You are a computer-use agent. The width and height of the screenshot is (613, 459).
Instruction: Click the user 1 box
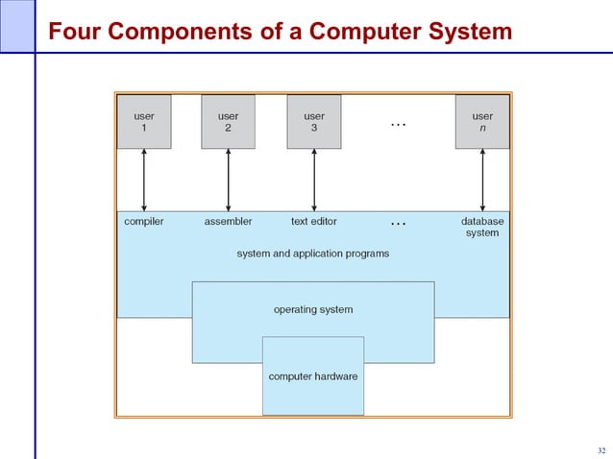coord(144,122)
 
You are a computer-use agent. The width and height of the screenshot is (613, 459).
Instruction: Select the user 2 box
coord(228,122)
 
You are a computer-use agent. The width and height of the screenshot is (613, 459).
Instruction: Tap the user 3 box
coord(314,122)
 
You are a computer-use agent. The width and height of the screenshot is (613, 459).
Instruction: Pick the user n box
coord(482,122)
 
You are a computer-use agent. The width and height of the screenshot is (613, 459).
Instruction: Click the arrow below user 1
coord(144,180)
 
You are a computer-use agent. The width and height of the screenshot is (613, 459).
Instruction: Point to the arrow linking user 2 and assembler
coord(228,180)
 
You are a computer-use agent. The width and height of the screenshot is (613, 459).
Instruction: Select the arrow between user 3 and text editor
coord(314,180)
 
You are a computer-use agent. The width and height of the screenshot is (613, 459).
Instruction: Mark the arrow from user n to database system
coord(482,180)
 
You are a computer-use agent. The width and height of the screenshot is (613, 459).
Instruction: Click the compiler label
coord(144,221)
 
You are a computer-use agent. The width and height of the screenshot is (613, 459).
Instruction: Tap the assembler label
coord(228,221)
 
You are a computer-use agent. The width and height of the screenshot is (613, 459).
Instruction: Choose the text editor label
coord(314,221)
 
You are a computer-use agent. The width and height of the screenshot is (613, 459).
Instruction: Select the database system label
coord(482,227)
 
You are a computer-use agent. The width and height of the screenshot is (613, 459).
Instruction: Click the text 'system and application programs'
coord(313,254)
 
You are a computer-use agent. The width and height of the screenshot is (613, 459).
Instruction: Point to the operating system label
coord(313,309)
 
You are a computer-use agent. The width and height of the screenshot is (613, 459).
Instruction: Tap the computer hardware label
coord(313,376)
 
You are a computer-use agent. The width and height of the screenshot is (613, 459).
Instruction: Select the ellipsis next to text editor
coord(398,224)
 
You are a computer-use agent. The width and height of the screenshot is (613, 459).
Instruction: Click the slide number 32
coord(601,450)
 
